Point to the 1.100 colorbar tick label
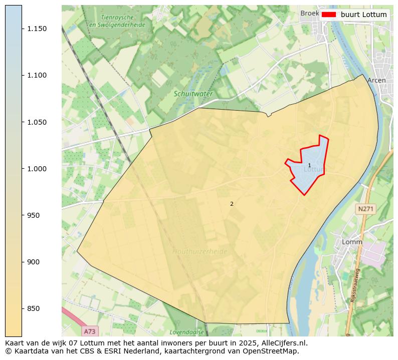(37, 75)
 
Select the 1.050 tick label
(37, 122)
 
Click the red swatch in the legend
(328, 15)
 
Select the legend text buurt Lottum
(363, 15)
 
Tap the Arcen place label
(376, 80)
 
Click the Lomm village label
(351, 242)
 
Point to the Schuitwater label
(193, 94)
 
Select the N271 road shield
(366, 208)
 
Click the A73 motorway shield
(89, 331)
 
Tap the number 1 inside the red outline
(309, 165)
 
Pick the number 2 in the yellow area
(232, 204)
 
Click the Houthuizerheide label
(200, 251)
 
